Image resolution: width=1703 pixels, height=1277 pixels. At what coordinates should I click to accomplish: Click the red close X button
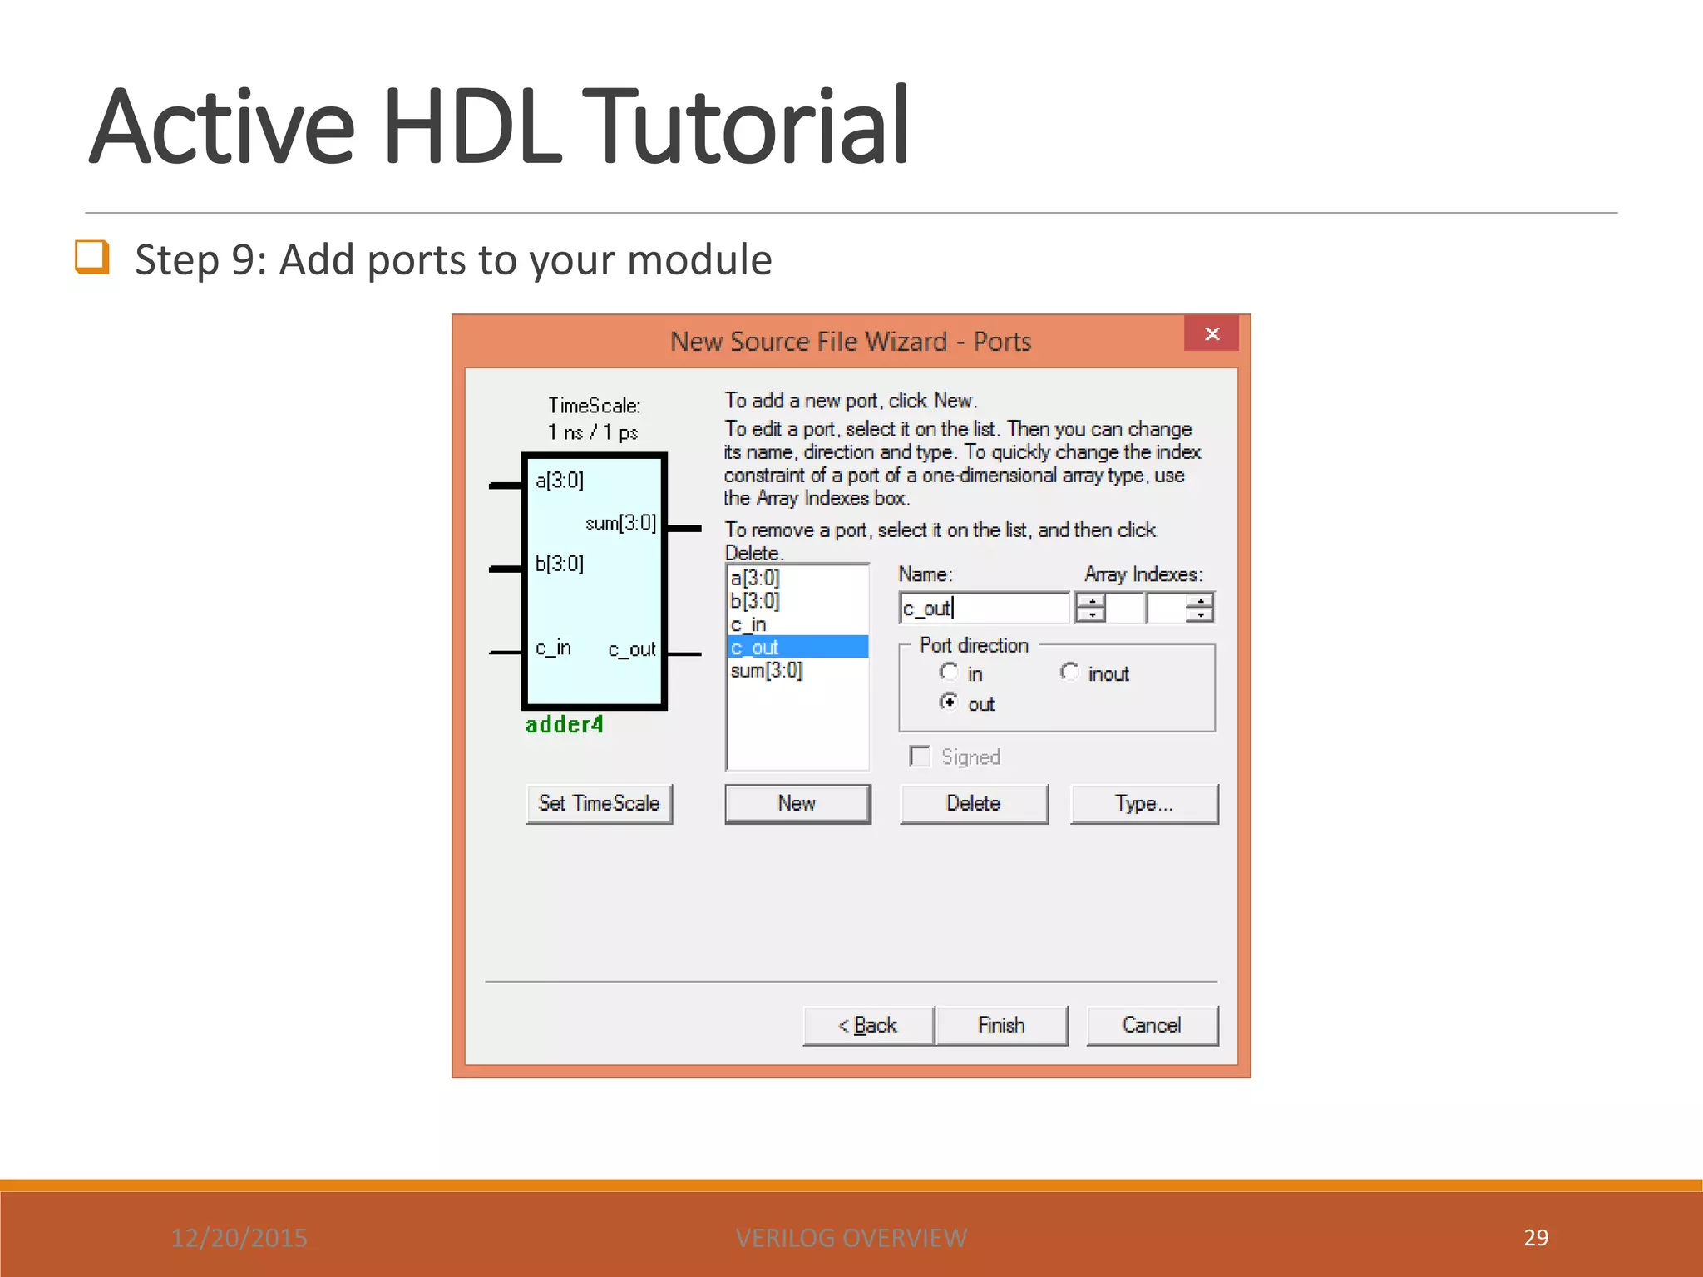click(x=1212, y=334)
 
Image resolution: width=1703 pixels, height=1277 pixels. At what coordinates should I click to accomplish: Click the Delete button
click(x=973, y=804)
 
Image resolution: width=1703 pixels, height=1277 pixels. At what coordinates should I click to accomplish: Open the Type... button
click(x=1143, y=804)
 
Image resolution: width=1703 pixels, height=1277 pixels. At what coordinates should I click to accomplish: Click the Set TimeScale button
click(x=599, y=804)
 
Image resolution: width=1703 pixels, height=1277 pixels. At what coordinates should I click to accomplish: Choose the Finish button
click(x=1001, y=1026)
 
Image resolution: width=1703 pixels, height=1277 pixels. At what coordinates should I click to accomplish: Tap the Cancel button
click(x=1152, y=1026)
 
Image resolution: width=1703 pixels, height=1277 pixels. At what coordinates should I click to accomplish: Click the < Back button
click(x=868, y=1026)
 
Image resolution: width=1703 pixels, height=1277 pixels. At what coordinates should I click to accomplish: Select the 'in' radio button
click(x=949, y=672)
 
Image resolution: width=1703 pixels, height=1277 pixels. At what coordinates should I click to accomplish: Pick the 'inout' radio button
click(x=1069, y=672)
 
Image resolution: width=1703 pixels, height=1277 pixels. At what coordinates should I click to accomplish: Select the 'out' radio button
click(x=949, y=703)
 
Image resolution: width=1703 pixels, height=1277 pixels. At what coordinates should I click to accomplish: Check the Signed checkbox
click(x=921, y=757)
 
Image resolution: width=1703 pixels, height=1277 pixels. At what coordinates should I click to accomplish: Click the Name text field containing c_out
click(x=984, y=609)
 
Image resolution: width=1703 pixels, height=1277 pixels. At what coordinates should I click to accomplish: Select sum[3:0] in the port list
click(x=767, y=671)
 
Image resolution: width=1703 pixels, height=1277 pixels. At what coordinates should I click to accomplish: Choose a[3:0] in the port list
click(x=755, y=578)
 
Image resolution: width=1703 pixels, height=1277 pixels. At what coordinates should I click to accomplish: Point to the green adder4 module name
click(x=565, y=725)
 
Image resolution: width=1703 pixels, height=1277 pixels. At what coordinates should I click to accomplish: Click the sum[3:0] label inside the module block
click(x=620, y=524)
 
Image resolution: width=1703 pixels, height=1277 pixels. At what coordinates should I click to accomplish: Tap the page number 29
click(x=1536, y=1238)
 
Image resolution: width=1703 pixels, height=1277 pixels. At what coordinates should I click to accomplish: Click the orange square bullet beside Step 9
click(x=92, y=257)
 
